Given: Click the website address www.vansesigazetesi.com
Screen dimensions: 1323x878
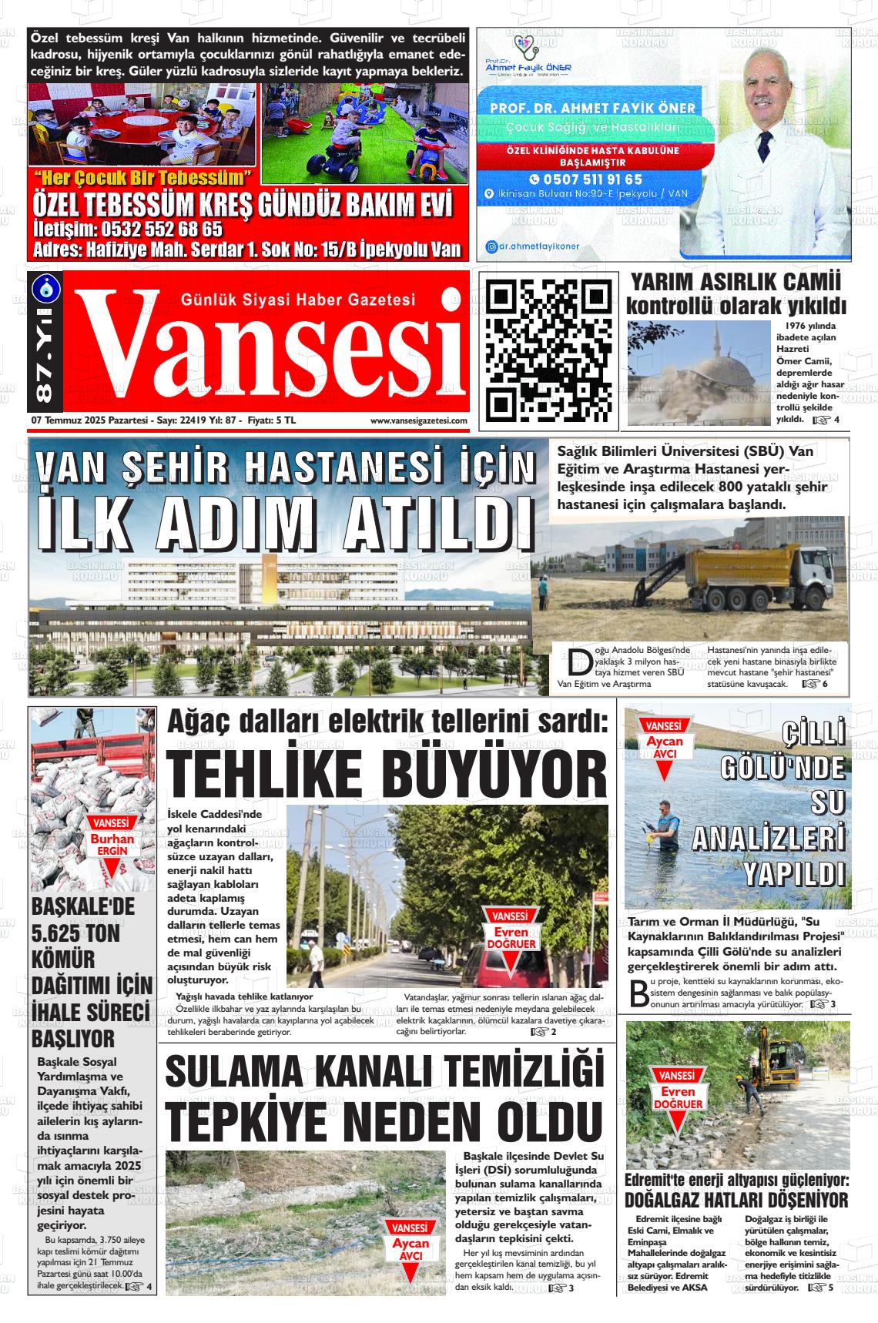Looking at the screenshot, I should pyautogui.click(x=418, y=420).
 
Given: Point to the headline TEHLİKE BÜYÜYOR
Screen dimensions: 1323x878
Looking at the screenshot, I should pyautogui.click(x=387, y=772).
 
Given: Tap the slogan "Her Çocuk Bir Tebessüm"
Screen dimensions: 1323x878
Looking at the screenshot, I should pyautogui.click(x=149, y=178).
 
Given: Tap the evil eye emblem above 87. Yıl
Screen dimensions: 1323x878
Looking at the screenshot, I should pyautogui.click(x=43, y=286).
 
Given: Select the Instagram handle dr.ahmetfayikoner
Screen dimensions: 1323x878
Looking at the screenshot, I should pyautogui.click(x=538, y=247).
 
